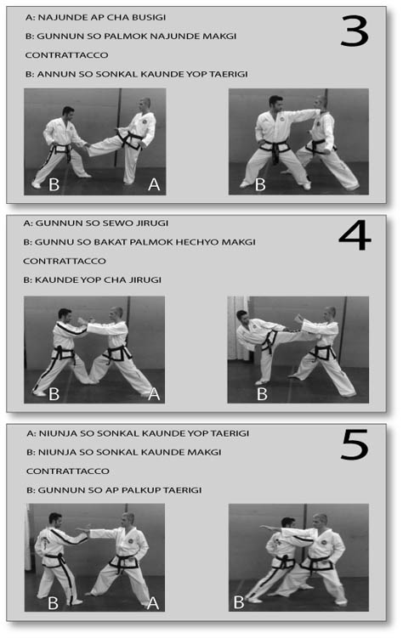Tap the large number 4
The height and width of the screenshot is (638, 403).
pyautogui.click(x=354, y=237)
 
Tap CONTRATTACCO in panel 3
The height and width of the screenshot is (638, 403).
pyautogui.click(x=65, y=55)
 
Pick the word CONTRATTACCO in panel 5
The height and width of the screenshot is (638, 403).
pyautogui.click(x=65, y=471)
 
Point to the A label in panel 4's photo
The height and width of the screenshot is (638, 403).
pyautogui.click(x=153, y=393)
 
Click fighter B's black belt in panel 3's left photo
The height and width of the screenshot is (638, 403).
pyautogui.click(x=60, y=151)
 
